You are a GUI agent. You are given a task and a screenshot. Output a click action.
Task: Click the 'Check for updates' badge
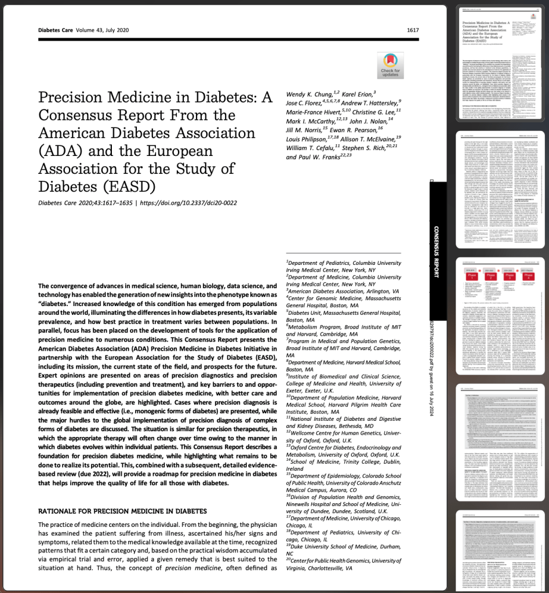point(390,65)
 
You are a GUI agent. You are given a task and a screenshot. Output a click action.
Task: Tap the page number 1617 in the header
point(413,30)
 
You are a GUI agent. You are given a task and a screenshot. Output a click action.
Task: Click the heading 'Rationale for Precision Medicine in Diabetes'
point(122,511)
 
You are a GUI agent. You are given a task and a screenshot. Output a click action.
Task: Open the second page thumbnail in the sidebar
point(499,190)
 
